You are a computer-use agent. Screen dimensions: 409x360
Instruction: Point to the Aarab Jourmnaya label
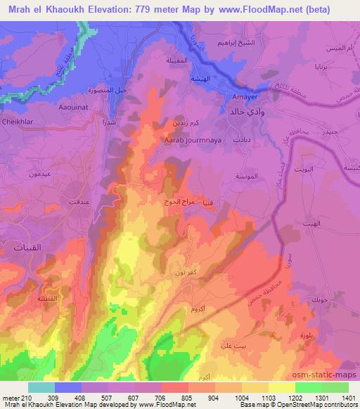click(x=182, y=140)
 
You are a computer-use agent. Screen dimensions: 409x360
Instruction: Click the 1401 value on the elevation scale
click(x=349, y=398)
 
